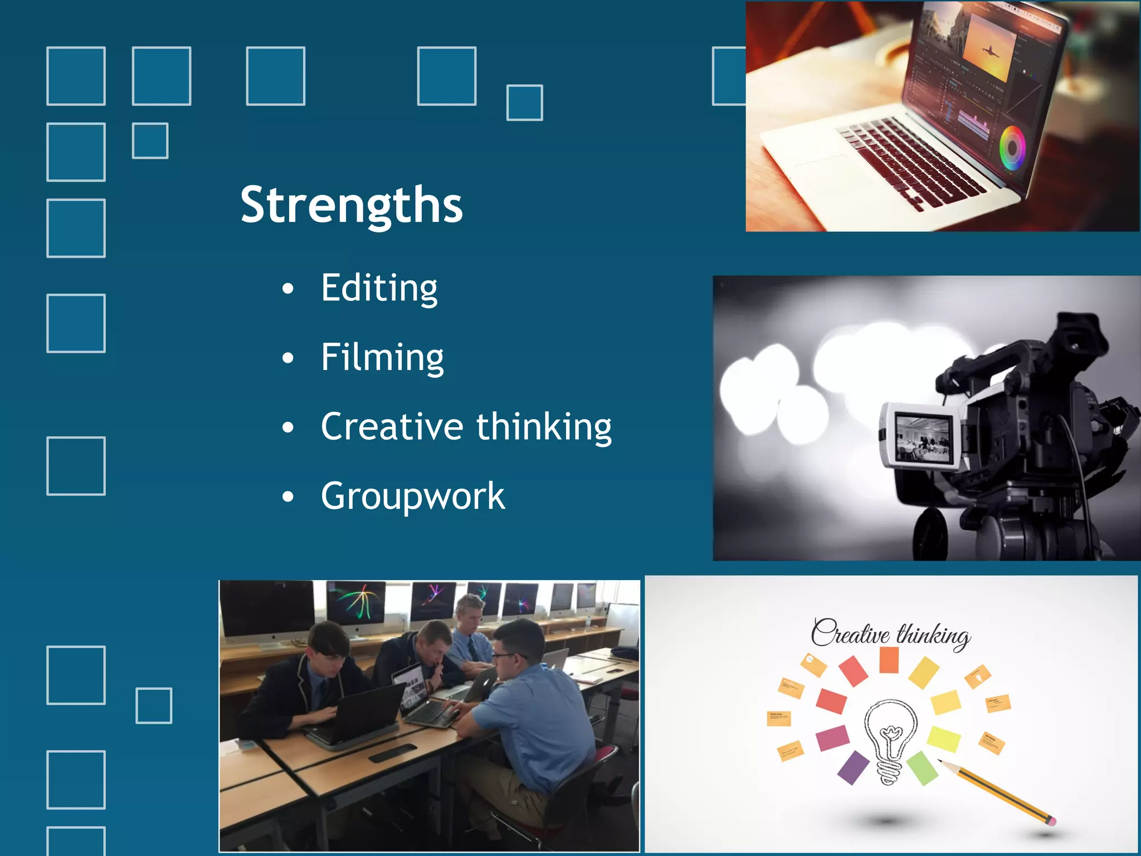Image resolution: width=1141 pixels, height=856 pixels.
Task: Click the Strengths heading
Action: point(352,205)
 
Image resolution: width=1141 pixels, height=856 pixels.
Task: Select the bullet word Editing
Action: point(379,288)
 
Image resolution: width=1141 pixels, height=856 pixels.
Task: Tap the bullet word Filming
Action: point(382,357)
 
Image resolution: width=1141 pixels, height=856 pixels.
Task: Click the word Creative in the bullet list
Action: point(392,426)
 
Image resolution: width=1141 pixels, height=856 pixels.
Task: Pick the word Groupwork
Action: point(413,496)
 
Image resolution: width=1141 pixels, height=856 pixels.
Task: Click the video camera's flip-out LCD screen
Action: point(923,438)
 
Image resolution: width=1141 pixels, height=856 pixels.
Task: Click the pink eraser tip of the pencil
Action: point(1050,820)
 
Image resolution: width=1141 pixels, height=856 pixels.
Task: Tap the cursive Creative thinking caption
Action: point(890,634)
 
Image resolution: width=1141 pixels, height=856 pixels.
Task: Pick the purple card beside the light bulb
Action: point(853,767)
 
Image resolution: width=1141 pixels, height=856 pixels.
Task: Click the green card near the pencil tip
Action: point(922,767)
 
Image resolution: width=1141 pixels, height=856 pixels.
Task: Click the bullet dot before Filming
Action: point(287,358)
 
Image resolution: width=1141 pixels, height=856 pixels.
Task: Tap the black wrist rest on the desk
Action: point(392,753)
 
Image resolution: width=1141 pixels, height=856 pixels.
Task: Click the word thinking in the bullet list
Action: point(544,427)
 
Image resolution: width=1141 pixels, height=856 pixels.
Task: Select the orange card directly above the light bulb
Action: point(889,660)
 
